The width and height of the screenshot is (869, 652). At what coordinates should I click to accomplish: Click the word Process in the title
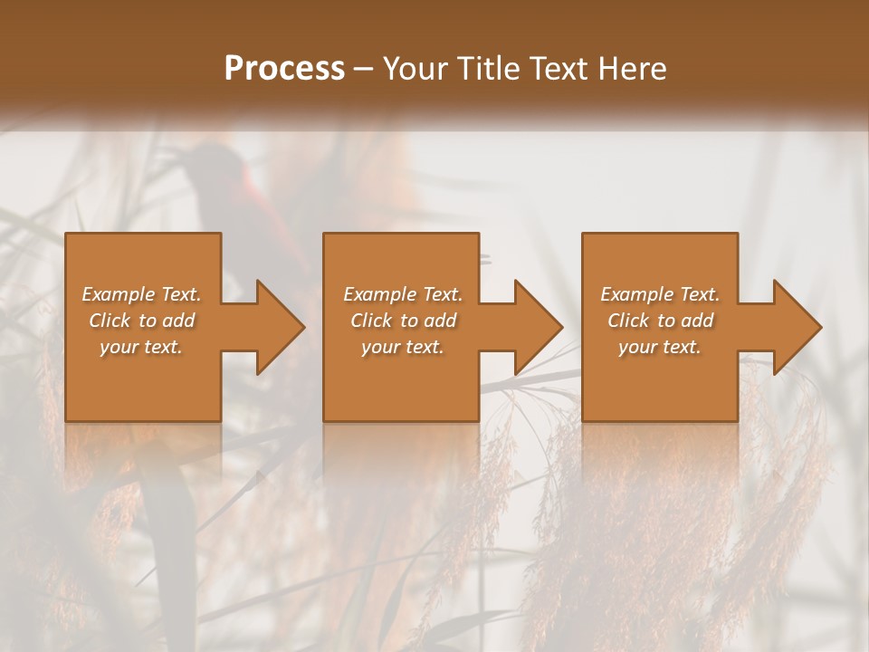[x=284, y=69]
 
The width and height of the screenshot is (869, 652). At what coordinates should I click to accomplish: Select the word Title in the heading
[x=492, y=69]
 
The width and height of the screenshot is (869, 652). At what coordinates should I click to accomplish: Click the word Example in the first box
[x=117, y=294]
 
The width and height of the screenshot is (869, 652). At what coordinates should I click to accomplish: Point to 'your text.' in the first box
[x=141, y=347]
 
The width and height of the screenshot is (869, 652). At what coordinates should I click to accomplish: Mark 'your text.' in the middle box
[x=402, y=347]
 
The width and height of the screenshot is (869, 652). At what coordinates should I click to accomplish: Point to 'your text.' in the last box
[x=659, y=347]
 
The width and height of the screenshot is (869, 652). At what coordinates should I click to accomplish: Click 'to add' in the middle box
[x=428, y=321]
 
